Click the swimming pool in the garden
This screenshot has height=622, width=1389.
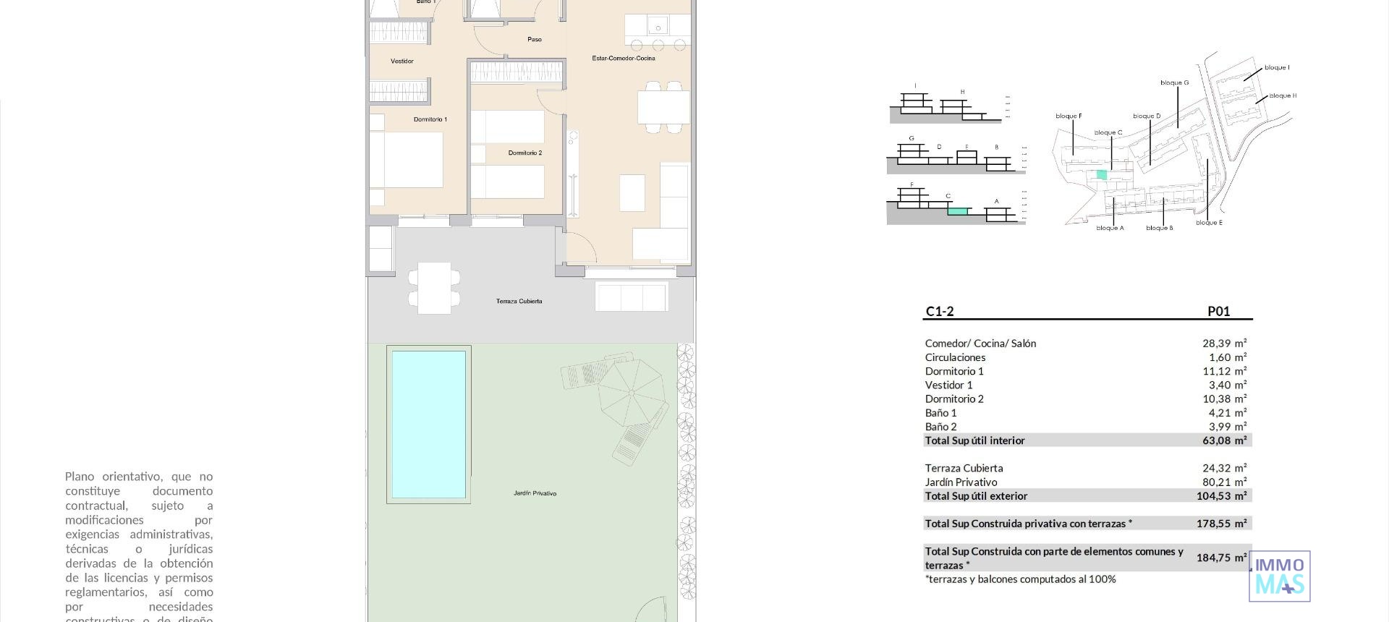point(428,425)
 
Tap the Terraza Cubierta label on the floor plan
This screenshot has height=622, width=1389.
point(519,301)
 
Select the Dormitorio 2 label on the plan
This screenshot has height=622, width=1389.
point(524,153)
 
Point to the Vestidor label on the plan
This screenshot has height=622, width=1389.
point(402,61)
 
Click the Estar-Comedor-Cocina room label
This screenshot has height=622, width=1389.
point(623,58)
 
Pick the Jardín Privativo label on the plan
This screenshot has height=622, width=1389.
point(535,493)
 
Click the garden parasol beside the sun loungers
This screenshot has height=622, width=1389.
point(631,393)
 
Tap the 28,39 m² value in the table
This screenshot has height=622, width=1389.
point(1224,344)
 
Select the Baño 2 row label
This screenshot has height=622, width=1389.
point(940,427)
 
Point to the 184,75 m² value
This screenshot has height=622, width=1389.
point(1221,558)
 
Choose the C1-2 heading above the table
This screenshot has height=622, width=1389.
point(940,312)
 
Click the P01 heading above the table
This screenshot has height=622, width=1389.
point(1218,312)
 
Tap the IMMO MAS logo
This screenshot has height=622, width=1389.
point(1280,576)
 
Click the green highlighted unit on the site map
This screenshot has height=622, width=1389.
point(1101,174)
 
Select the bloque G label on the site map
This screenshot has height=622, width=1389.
point(1174,82)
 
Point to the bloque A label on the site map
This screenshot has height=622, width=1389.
point(1110,228)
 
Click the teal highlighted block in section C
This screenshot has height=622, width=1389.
point(957,211)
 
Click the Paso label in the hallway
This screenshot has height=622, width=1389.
point(534,39)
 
